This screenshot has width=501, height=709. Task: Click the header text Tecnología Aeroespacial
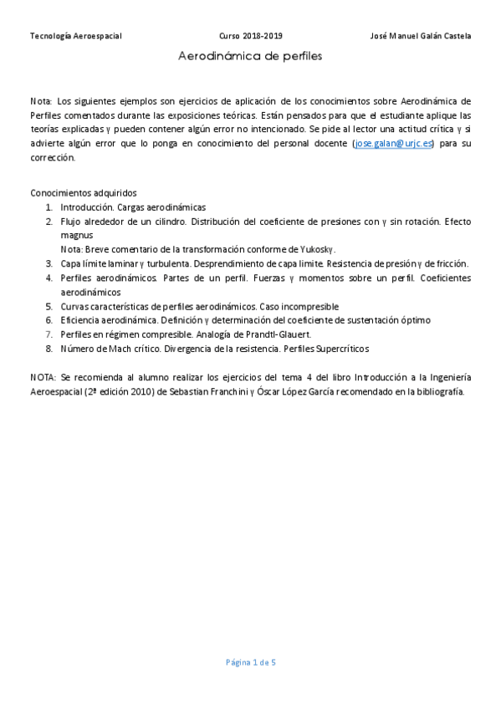(x=76, y=36)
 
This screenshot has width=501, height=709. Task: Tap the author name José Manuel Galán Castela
(x=420, y=36)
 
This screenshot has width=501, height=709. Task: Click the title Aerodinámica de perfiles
(x=250, y=57)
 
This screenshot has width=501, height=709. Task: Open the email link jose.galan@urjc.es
(x=394, y=144)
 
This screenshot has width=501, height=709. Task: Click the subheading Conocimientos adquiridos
(x=83, y=192)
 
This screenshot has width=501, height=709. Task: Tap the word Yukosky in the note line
(x=320, y=249)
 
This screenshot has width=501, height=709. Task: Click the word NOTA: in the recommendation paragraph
(x=43, y=377)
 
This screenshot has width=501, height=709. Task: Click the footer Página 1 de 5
(x=250, y=663)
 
